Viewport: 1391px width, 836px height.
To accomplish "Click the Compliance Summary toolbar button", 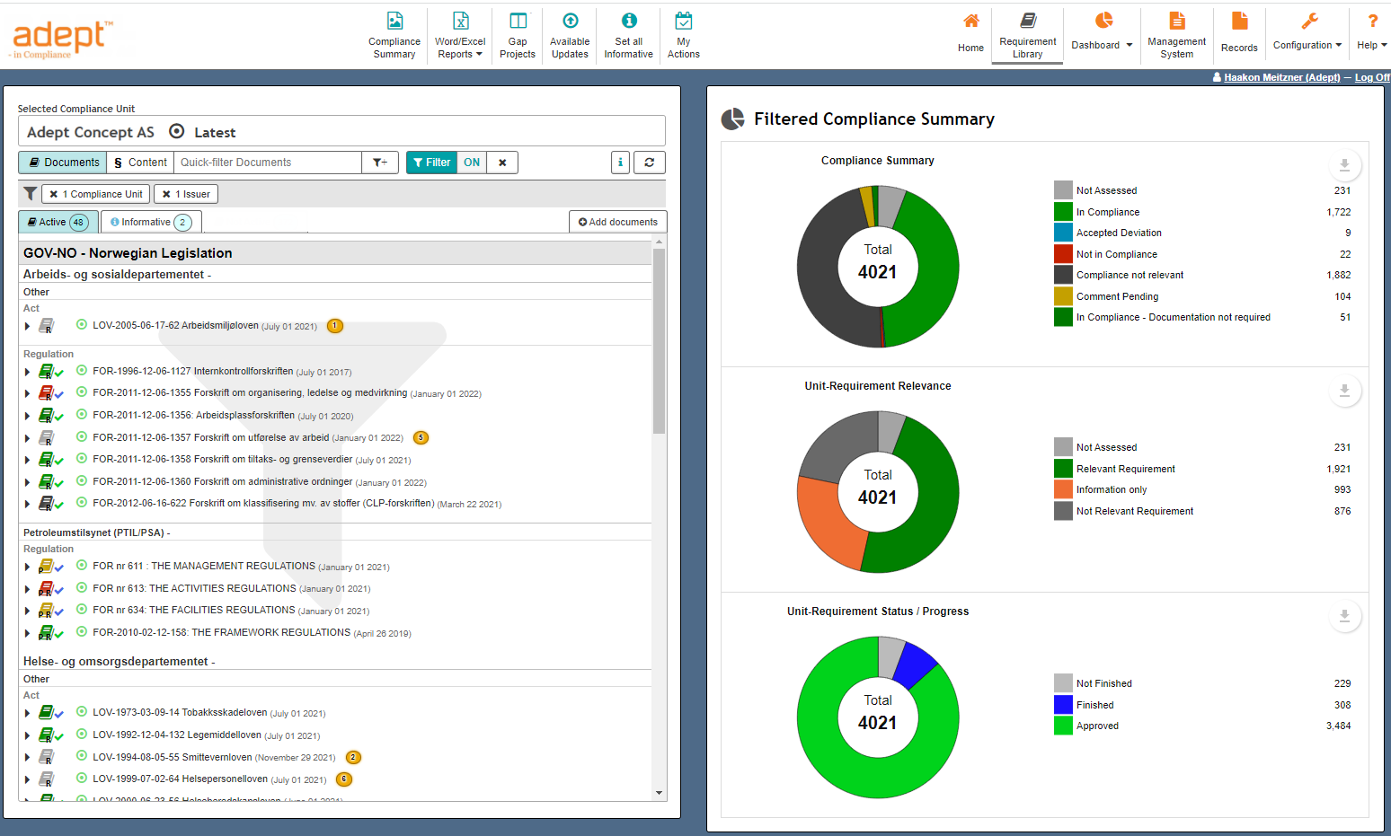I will point(394,35).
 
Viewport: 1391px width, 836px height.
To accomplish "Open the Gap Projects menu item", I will point(518,35).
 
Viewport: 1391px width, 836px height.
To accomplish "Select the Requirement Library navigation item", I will point(1027,35).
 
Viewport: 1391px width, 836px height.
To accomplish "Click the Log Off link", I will point(1371,77).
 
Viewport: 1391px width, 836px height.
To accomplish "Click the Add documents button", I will point(617,222).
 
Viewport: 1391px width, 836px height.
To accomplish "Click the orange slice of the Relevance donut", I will point(822,525).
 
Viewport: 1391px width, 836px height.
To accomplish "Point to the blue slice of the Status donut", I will point(917,663).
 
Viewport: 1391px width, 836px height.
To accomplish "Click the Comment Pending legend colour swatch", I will point(1063,296).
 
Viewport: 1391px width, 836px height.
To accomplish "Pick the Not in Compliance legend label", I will point(1116,254).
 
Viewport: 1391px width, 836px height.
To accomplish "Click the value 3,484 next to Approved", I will point(1338,726).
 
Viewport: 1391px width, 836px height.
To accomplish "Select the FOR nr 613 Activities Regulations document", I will point(194,588).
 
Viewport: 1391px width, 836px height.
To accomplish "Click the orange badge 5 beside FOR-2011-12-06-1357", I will point(421,438).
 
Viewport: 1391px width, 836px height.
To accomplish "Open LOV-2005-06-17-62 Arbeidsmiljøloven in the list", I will point(175,326).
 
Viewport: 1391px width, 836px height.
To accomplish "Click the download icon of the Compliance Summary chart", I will point(1344,165).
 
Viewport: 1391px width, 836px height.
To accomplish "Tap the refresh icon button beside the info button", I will point(649,163).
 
